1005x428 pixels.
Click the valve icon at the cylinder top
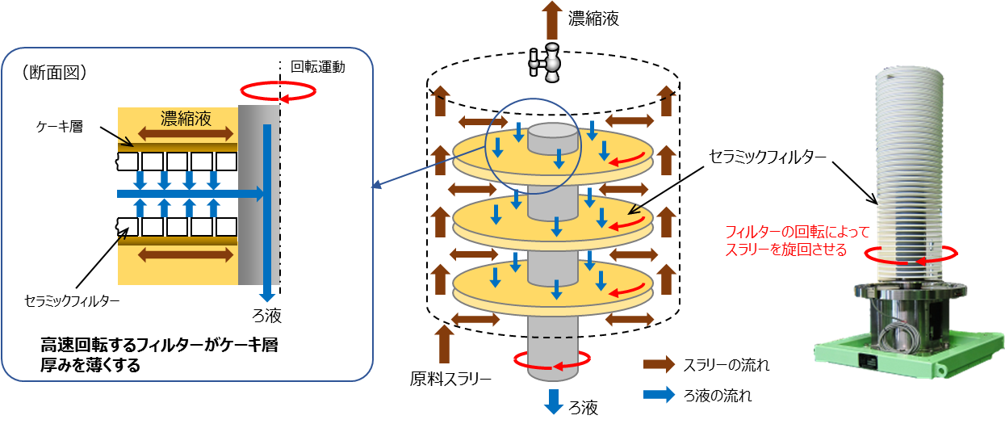[x=546, y=62]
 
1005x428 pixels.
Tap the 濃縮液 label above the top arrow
[x=593, y=19]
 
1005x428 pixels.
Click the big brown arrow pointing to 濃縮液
[x=552, y=20]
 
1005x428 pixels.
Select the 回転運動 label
[x=318, y=67]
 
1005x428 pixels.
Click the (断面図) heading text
[x=55, y=72]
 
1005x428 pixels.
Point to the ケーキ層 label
[x=60, y=127]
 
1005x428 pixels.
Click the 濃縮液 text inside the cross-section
[x=186, y=119]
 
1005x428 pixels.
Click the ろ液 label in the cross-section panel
[x=266, y=316]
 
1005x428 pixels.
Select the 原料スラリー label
[x=450, y=379]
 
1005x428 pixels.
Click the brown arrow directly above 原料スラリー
[x=444, y=345]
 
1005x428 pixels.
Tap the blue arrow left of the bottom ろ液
[x=554, y=401]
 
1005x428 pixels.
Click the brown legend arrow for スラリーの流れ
[x=659, y=364]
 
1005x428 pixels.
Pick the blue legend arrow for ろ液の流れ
[x=659, y=395]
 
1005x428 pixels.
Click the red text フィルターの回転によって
[x=798, y=232]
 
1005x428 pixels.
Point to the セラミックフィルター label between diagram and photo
[x=767, y=157]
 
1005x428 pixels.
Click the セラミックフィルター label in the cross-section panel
[x=72, y=301]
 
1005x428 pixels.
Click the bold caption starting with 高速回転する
[x=159, y=355]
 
